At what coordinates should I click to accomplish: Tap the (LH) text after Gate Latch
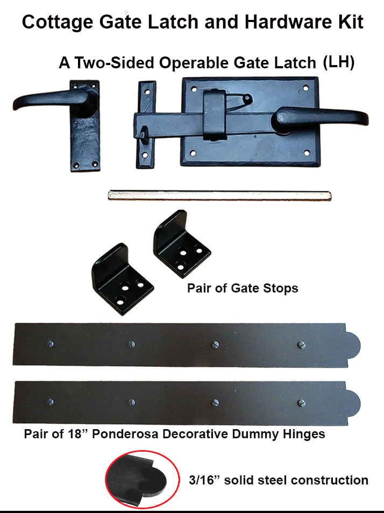pos(338,62)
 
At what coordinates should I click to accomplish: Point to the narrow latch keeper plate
pos(146,124)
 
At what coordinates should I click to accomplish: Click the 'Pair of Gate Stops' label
pos(243,288)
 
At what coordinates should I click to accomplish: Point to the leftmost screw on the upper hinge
pos(52,343)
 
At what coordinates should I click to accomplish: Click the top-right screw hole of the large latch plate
pos(305,87)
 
